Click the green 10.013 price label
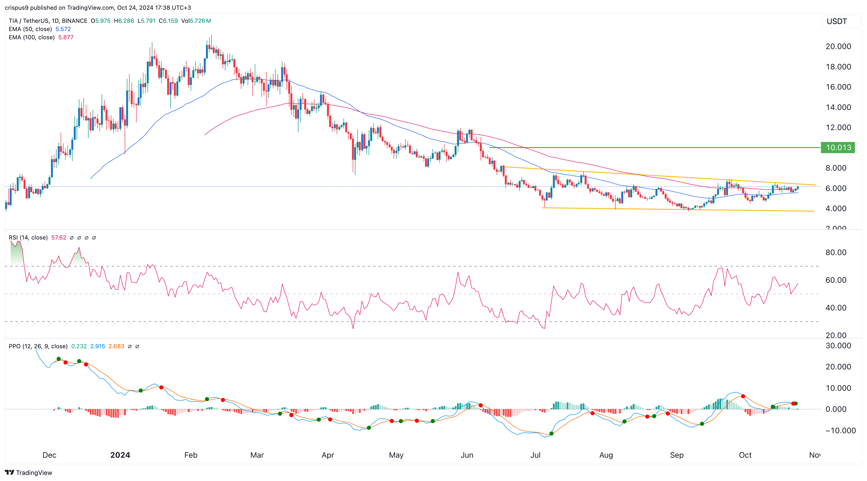[x=838, y=147]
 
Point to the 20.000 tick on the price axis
[x=838, y=46]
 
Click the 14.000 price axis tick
[x=838, y=107]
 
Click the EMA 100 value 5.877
[x=66, y=37]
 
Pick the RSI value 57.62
[x=58, y=238]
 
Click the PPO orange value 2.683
[x=116, y=346]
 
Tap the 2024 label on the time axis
[x=120, y=455]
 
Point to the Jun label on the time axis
[x=467, y=455]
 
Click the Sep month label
[x=677, y=455]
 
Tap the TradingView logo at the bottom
[x=29, y=473]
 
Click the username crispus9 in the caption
[x=16, y=8]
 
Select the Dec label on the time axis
[x=49, y=455]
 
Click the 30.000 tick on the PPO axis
[x=838, y=346]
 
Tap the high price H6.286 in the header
[x=124, y=21]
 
